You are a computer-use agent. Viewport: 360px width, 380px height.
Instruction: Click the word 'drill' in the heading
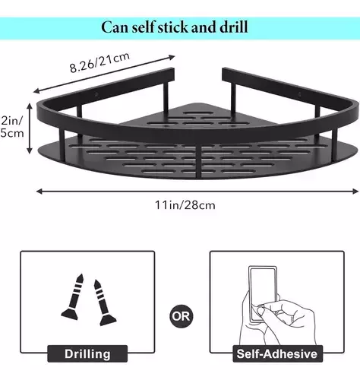pyautogui.click(x=234, y=27)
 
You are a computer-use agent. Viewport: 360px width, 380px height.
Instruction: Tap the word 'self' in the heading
pyautogui.click(x=143, y=27)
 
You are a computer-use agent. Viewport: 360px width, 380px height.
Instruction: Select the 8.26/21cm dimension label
pyautogui.click(x=99, y=63)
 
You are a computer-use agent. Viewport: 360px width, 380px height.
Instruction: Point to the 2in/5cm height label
pyautogui.click(x=12, y=127)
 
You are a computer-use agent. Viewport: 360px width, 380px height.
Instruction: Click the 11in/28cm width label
pyautogui.click(x=185, y=205)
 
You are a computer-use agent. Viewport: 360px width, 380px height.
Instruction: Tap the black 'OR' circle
pyautogui.click(x=181, y=316)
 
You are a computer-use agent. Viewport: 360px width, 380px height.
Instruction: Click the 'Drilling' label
pyautogui.click(x=87, y=354)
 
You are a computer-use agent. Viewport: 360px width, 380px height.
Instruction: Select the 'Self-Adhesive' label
pyautogui.click(x=276, y=354)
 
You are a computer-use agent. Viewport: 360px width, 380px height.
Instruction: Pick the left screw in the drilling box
pyautogui.click(x=73, y=297)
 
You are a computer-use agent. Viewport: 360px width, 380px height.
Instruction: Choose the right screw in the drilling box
pyautogui.click(x=103, y=302)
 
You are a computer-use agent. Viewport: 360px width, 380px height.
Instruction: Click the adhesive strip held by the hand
pyautogui.click(x=262, y=294)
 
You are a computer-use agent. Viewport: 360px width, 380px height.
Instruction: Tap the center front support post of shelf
pyautogui.click(x=199, y=161)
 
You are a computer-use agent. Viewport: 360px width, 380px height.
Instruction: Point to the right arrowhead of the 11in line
pyautogui.click(x=355, y=192)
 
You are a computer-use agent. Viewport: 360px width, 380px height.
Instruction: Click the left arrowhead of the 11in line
pyautogui.click(x=39, y=192)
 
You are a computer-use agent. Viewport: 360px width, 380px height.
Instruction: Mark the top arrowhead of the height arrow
pyautogui.click(x=30, y=106)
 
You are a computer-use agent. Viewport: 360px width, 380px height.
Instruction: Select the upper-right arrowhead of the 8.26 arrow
pyautogui.click(x=172, y=57)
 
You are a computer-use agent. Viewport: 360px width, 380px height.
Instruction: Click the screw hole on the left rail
pyautogui.click(x=96, y=95)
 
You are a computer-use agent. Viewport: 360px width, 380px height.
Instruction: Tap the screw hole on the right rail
pyautogui.click(x=299, y=94)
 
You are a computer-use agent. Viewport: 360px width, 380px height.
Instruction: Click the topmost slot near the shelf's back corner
pyautogui.click(x=197, y=113)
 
